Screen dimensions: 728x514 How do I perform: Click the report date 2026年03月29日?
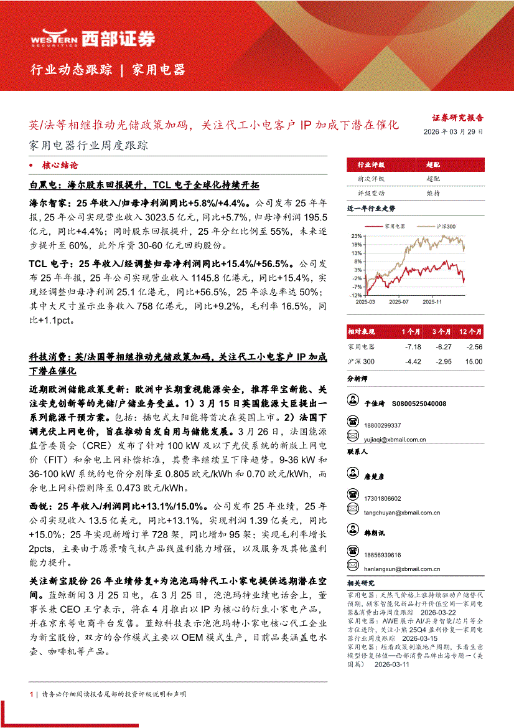(x=453, y=132)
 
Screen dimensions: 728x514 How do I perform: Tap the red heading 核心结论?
(x=60, y=166)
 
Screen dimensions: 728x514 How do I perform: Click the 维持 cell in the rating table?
(x=433, y=193)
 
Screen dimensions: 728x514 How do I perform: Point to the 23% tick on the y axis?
(x=357, y=237)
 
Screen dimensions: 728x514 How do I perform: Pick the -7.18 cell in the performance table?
(x=413, y=347)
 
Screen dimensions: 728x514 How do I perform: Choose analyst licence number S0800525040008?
(x=419, y=404)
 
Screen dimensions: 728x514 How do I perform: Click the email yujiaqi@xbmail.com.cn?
(x=395, y=440)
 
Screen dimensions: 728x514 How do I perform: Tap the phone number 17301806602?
(x=383, y=498)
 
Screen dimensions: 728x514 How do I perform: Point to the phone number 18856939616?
(x=383, y=554)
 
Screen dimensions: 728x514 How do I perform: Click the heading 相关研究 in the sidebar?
(x=360, y=584)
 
